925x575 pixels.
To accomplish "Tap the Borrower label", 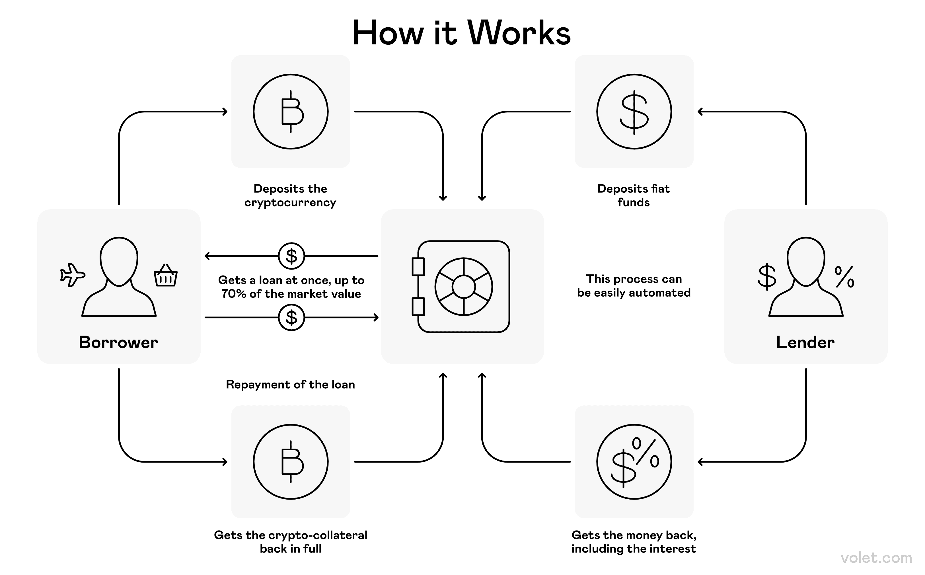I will point(118,342).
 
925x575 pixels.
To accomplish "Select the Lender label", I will point(805,342).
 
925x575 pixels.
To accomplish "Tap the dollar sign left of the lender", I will point(766,276).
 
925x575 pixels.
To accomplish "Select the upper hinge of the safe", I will point(418,267).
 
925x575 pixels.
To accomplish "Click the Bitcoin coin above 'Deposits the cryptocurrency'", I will point(291,111).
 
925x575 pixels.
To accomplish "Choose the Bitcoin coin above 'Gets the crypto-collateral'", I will point(291,462).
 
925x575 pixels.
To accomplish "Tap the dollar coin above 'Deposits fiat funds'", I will point(634,111).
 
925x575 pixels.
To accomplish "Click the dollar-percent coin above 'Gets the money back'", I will point(634,462).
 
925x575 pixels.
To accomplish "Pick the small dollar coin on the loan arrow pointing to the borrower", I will point(291,256).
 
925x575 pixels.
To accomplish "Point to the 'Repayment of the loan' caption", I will point(291,385).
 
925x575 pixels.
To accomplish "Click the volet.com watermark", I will point(876,558).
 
